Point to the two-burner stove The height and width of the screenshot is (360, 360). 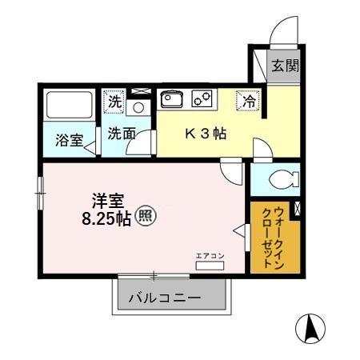point(202,100)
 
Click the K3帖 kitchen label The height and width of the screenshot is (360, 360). point(206,134)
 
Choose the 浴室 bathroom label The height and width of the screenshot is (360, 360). point(69,141)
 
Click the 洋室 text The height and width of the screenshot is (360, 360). point(106,199)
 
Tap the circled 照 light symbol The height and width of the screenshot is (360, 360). point(144,216)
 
